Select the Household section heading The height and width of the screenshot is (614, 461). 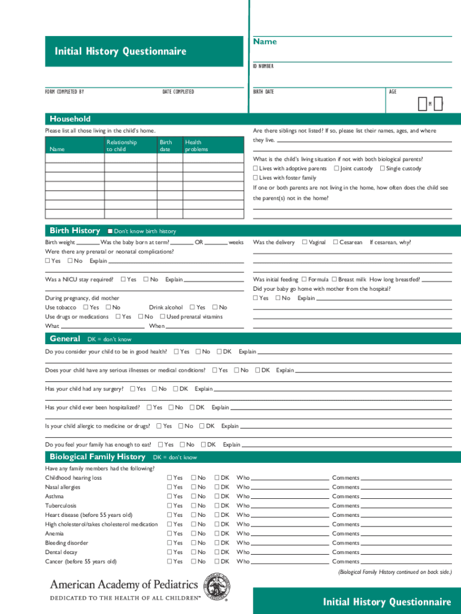click(x=70, y=119)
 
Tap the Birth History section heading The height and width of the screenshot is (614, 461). click(x=75, y=231)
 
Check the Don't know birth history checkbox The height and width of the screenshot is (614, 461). click(x=110, y=231)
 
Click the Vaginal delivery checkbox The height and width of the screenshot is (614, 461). click(x=305, y=242)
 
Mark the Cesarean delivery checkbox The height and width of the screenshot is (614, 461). click(x=335, y=242)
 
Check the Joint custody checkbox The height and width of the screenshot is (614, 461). click(x=336, y=168)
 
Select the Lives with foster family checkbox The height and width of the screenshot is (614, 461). click(x=256, y=178)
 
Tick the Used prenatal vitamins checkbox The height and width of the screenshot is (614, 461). click(x=163, y=317)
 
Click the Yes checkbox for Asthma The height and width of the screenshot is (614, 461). click(x=169, y=496)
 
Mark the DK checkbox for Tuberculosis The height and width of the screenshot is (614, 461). click(x=217, y=505)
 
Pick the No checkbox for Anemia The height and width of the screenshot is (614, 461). click(x=193, y=534)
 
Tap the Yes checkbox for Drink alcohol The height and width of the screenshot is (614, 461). click(x=193, y=308)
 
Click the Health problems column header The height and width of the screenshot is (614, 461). click(x=196, y=146)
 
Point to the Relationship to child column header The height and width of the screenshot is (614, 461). click(x=122, y=146)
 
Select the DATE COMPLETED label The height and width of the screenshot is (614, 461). click(x=178, y=92)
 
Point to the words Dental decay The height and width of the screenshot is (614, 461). click(x=62, y=552)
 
